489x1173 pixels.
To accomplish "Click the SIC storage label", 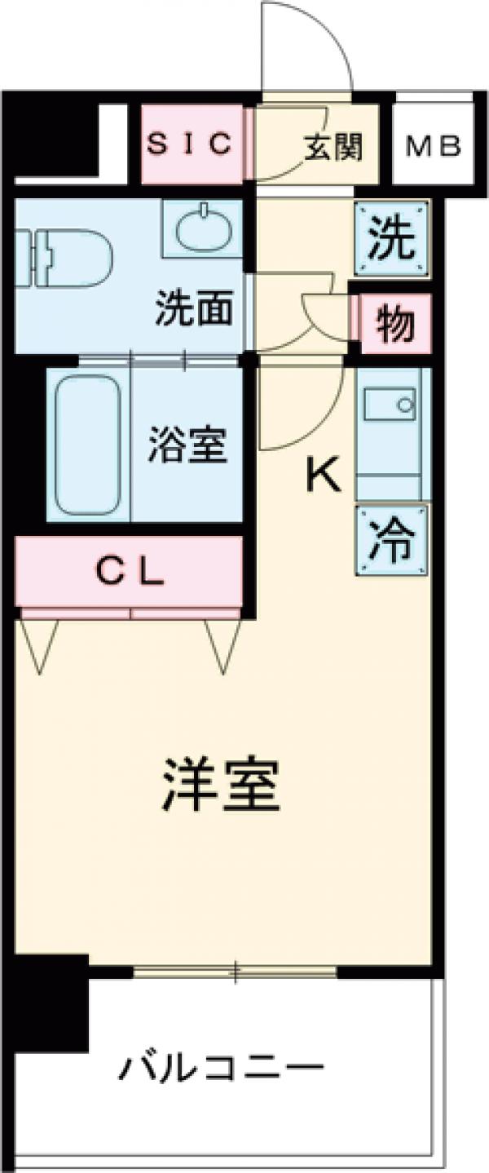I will click(x=192, y=144).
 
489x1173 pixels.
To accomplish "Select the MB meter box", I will click(x=434, y=147).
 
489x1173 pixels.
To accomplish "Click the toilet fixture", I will click(x=65, y=258).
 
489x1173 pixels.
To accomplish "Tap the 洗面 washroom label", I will click(x=196, y=309).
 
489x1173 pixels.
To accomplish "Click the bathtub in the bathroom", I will click(x=87, y=445).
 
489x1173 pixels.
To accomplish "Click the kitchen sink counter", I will click(x=392, y=432).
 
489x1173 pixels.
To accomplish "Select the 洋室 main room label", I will click(x=222, y=783).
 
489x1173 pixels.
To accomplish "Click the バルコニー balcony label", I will click(x=222, y=1067).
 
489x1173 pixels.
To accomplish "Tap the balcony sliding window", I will click(x=235, y=972).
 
